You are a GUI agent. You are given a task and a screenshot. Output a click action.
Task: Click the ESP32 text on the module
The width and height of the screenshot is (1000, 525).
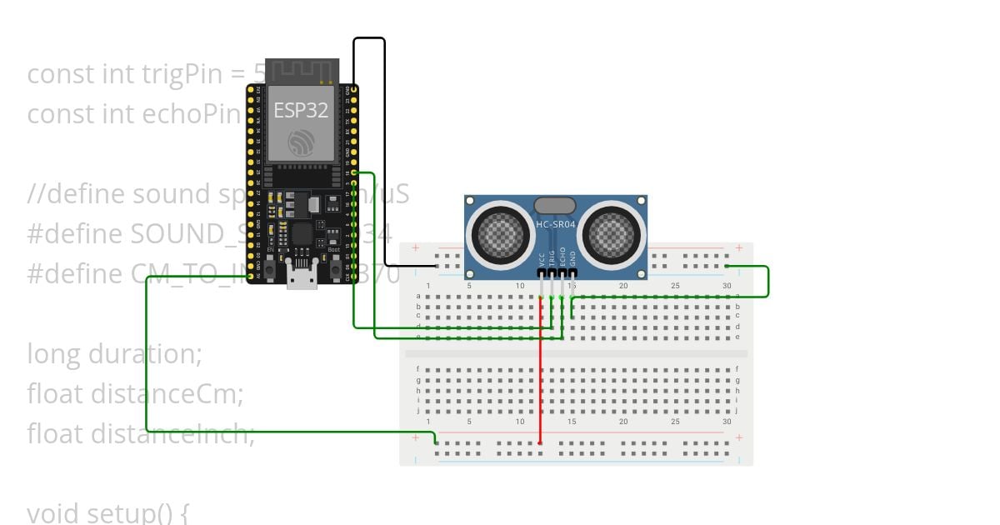pyautogui.click(x=301, y=110)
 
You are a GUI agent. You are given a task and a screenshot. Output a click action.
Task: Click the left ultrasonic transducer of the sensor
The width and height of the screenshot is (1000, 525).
pyautogui.click(x=499, y=232)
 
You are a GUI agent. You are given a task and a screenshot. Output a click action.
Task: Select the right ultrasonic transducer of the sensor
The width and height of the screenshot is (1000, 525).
pyautogui.click(x=612, y=232)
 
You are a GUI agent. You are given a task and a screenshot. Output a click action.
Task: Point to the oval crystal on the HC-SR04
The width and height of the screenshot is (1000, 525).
pyautogui.click(x=555, y=205)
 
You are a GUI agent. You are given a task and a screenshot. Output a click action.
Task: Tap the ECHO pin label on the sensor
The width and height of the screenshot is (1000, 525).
pyautogui.click(x=562, y=256)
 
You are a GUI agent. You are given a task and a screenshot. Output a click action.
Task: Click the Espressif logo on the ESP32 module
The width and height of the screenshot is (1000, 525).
pyautogui.click(x=301, y=142)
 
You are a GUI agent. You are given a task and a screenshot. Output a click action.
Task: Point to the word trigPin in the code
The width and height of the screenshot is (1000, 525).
pyautogui.click(x=174, y=74)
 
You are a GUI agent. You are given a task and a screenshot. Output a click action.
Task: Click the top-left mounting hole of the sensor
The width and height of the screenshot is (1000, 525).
pyautogui.click(x=471, y=202)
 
